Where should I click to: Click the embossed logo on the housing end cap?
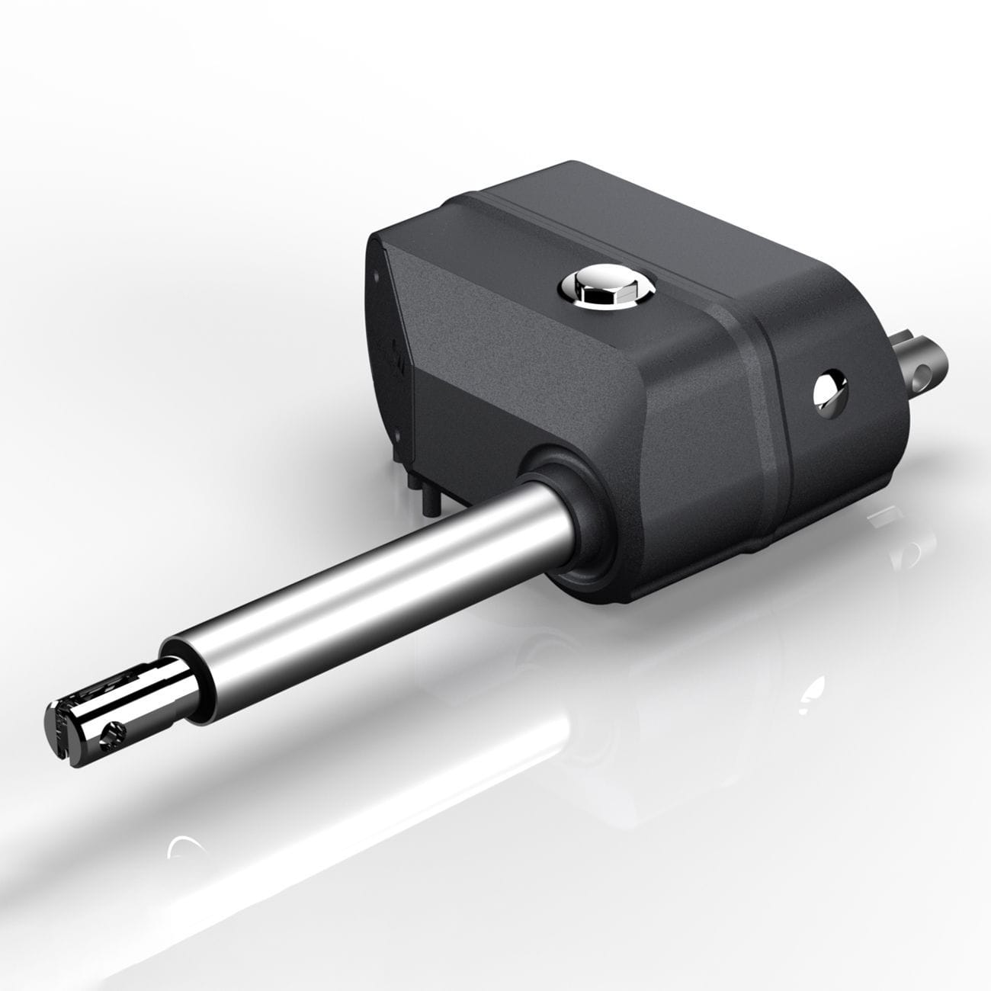tap(396, 358)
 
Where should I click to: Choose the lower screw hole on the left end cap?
tap(398, 438)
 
